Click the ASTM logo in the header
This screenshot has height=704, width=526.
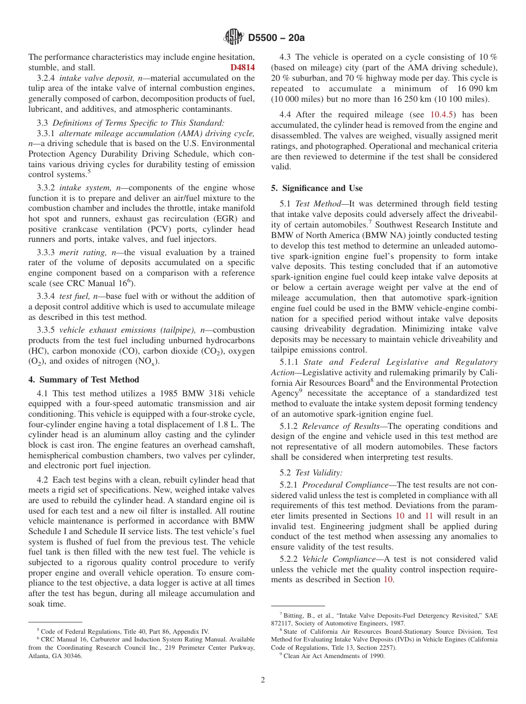click(234, 37)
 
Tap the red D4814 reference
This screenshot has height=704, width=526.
click(243, 68)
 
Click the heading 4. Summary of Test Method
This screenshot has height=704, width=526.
click(84, 380)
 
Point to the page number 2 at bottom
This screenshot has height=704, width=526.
click(263, 680)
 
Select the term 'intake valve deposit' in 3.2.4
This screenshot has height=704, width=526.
click(94, 78)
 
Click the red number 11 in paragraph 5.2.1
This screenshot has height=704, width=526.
click(429, 515)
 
